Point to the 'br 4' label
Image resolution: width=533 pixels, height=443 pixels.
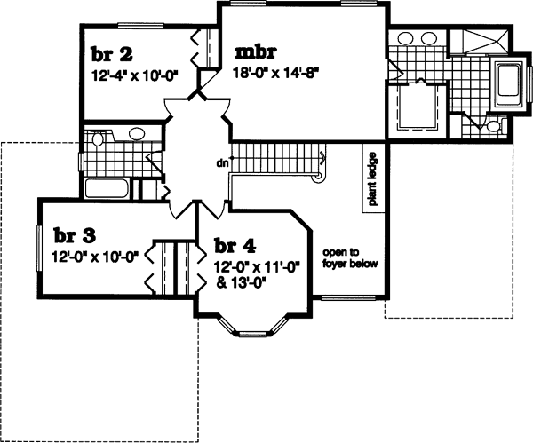(x=229, y=246)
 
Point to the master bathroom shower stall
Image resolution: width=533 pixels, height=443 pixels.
(x=481, y=42)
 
